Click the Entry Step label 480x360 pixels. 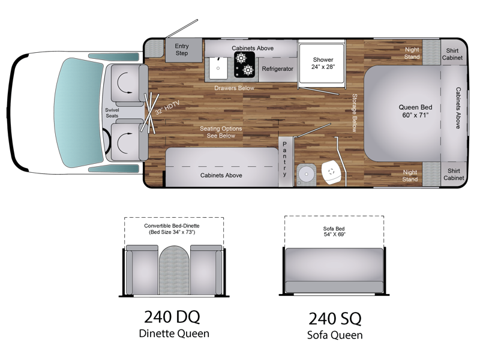pos(182,50)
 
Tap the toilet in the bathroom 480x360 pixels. pos(332,172)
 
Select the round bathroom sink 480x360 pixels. pos(306,175)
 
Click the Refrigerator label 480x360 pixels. pos(277,69)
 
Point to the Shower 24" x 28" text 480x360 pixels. pos(323,64)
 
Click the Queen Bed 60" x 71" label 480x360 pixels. pos(415,111)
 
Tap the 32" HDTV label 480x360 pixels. pos(167,108)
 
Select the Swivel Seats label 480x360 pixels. pos(112,113)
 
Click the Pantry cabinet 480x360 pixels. pos(286,161)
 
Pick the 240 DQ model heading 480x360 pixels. pos(172,317)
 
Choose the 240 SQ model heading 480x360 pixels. pos(335,319)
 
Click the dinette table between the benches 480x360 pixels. pos(174,270)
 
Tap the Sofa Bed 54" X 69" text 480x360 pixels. pos(334,232)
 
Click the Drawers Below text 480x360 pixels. pos(234,88)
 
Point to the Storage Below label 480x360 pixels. pos(355,113)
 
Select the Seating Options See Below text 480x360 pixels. pos(221,132)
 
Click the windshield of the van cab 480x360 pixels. pos(79,113)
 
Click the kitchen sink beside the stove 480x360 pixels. pos(218,68)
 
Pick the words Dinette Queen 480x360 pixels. pos(174,334)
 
